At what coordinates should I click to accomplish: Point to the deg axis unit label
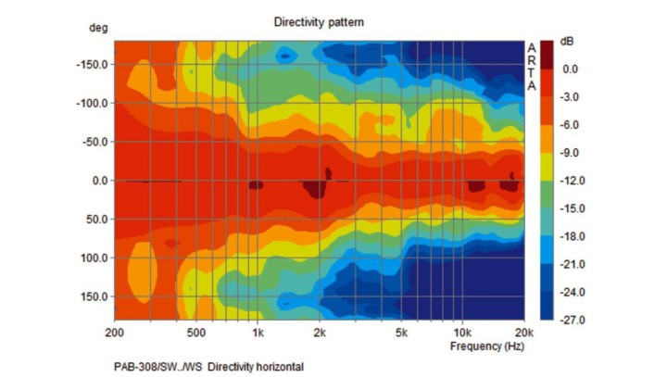(x=98, y=29)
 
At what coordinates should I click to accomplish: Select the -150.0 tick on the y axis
(x=93, y=65)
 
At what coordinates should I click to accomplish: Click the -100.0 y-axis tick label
(x=93, y=103)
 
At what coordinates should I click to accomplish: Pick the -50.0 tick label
(x=95, y=142)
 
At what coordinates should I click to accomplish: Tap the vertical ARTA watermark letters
(x=532, y=67)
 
